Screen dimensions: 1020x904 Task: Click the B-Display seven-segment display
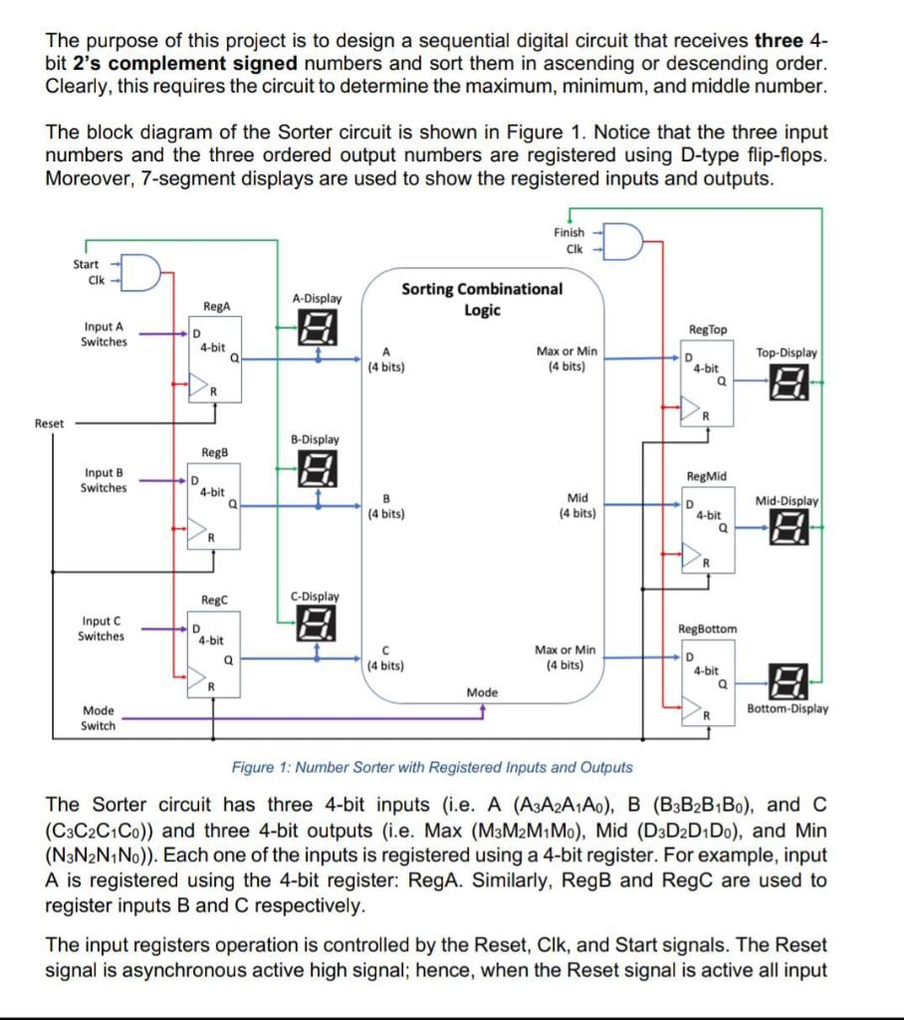coord(317,468)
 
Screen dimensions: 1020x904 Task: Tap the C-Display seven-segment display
coord(317,626)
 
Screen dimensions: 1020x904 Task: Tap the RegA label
coord(215,308)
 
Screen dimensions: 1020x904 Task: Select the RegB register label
coord(215,452)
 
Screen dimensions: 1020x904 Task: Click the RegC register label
coord(215,600)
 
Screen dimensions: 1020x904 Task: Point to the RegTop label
coord(708,329)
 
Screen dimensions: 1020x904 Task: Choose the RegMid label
coord(708,477)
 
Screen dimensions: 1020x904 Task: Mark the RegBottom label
coord(708,629)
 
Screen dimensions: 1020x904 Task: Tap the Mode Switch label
coord(98,718)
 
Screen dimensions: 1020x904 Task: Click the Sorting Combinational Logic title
coord(482,299)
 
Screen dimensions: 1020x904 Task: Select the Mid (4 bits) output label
coord(577,505)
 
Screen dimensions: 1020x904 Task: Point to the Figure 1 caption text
coord(431,767)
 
